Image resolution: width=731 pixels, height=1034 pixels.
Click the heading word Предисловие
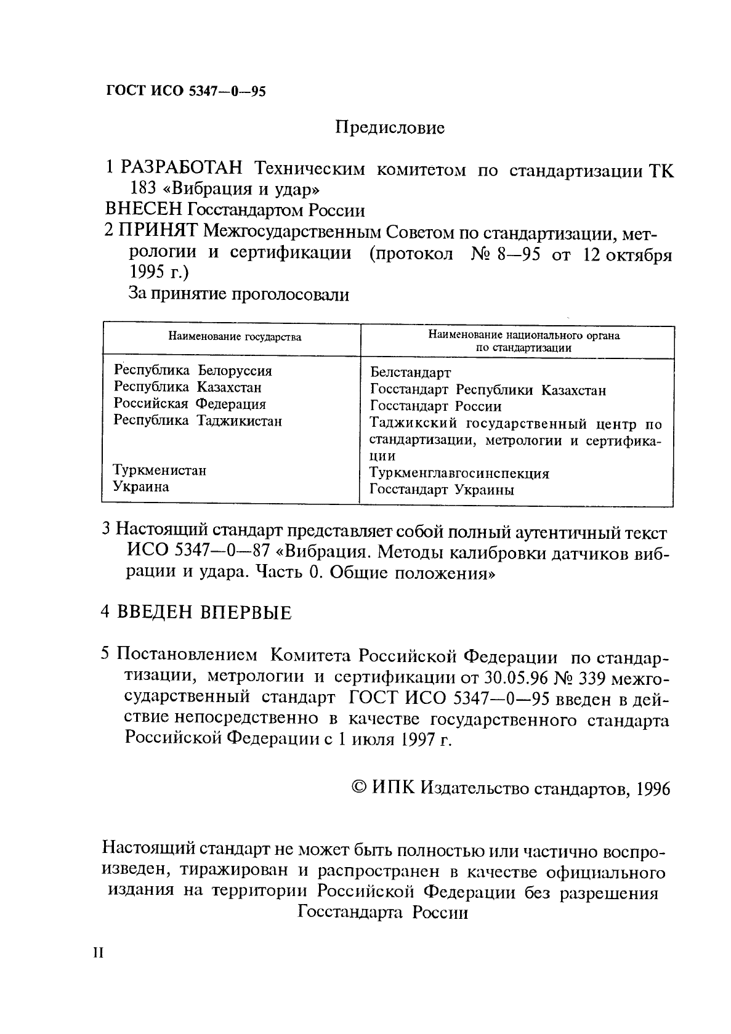pyautogui.click(x=389, y=128)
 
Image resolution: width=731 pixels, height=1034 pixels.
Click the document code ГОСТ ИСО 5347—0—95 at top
pyautogui.click(x=185, y=92)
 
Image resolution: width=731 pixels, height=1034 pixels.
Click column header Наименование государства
pyautogui.click(x=235, y=337)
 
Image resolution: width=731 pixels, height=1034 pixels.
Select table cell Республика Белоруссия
pyautogui.click(x=193, y=371)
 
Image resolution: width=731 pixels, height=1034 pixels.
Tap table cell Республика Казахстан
pyautogui.click(x=188, y=387)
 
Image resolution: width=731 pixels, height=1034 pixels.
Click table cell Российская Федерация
pyautogui.click(x=190, y=404)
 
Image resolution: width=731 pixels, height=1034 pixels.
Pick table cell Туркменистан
pyautogui.click(x=160, y=471)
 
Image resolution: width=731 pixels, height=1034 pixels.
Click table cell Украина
pyautogui.click(x=141, y=487)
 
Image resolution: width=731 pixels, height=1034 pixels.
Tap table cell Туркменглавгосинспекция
pyautogui.click(x=459, y=474)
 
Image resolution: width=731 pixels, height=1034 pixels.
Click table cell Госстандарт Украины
pyautogui.click(x=442, y=490)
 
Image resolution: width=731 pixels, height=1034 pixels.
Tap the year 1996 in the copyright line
pyautogui.click(x=653, y=790)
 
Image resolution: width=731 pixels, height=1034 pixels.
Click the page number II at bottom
pyautogui.click(x=99, y=953)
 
